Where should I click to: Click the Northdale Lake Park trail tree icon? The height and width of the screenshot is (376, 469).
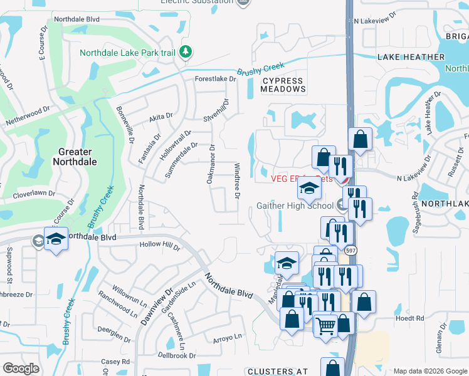(185, 53)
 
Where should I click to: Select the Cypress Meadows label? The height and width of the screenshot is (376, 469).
(283, 85)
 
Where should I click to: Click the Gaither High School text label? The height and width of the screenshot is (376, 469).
(295, 206)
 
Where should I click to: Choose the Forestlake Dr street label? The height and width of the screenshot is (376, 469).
(215, 79)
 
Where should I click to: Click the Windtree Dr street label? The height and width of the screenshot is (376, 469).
(238, 181)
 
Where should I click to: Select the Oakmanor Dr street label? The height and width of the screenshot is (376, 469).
(211, 165)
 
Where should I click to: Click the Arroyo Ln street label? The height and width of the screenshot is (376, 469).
(228, 337)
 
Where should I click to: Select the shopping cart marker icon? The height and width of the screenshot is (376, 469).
(325, 325)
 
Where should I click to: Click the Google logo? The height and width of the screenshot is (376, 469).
(21, 368)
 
